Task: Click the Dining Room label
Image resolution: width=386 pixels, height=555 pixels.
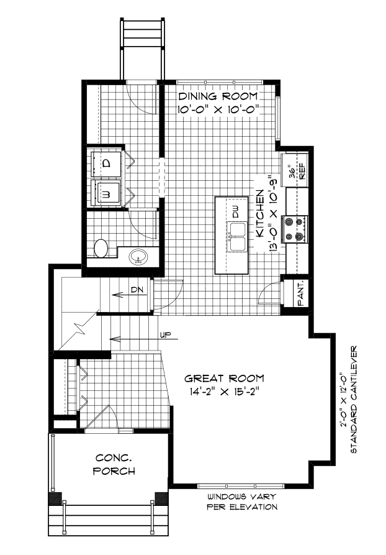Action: [x=218, y=97]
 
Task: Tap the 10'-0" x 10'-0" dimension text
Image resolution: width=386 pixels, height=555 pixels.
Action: [x=218, y=109]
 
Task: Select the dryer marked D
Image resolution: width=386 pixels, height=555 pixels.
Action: [x=106, y=163]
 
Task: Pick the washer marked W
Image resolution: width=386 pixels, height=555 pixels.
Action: [x=106, y=193]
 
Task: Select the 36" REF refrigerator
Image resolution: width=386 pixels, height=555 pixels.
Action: [x=295, y=168]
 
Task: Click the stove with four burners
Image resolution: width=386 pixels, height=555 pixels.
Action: [x=294, y=229]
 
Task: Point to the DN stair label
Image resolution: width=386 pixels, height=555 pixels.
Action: [x=138, y=290]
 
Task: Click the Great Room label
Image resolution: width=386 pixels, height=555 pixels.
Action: [x=224, y=378]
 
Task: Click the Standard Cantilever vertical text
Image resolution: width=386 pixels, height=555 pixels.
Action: [x=356, y=398]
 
